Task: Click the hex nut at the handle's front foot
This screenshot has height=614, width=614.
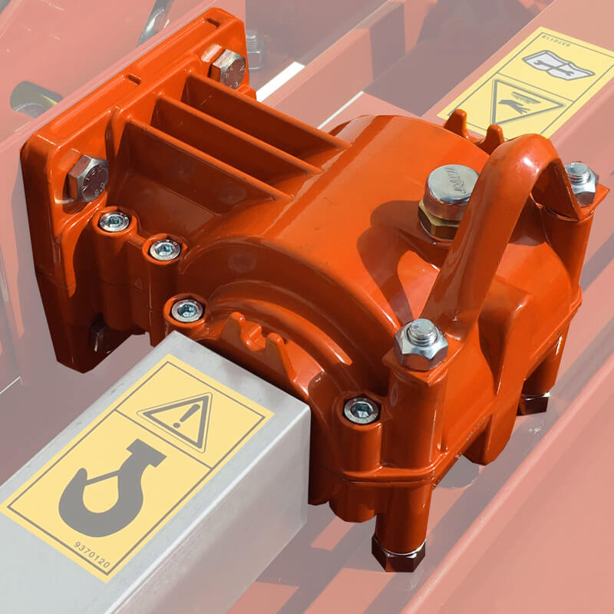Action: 420,343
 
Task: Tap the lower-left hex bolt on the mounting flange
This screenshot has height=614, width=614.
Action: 86,177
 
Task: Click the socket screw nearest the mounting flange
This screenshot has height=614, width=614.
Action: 114,222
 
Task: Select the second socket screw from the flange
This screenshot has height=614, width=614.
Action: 164,248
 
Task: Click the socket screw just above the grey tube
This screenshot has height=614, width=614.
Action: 187,310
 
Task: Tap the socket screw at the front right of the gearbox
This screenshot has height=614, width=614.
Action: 361,410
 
